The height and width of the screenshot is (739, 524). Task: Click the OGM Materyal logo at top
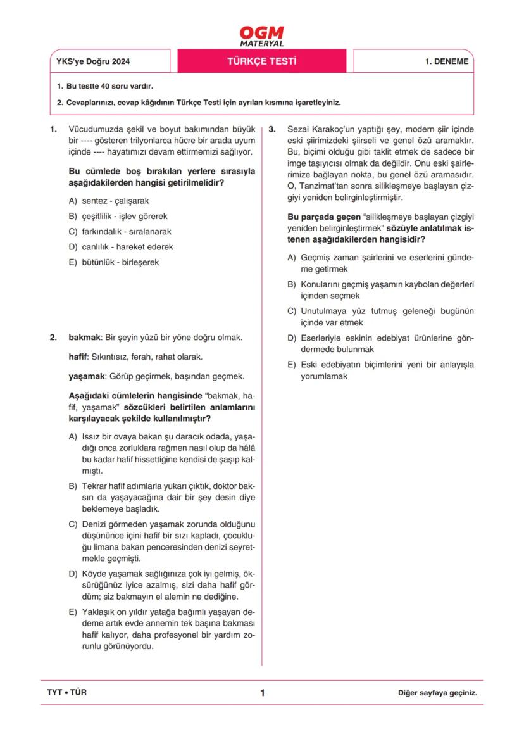tap(262, 36)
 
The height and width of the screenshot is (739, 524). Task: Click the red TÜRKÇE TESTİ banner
tap(262, 61)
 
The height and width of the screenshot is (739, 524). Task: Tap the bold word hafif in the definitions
tap(77, 357)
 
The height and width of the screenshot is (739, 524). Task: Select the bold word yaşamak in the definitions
tap(87, 376)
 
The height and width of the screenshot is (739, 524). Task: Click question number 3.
tap(272, 129)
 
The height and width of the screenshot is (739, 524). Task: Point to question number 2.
tap(54, 338)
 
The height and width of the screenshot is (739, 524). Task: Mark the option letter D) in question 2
tap(73, 574)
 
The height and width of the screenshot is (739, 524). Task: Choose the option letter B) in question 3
tap(292, 284)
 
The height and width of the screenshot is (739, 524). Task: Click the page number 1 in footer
tap(262, 693)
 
